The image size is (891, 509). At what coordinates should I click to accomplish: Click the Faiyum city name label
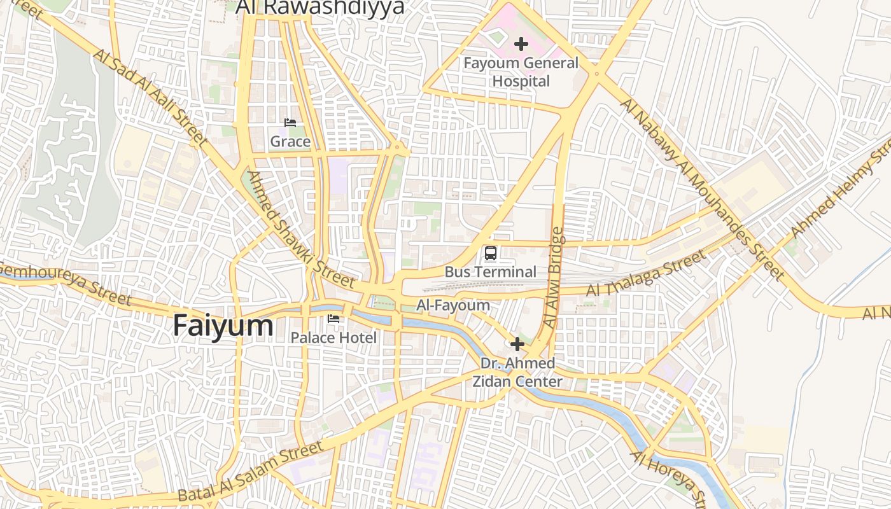pos(223,326)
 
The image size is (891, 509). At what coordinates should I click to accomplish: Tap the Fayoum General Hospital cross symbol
pos(521,44)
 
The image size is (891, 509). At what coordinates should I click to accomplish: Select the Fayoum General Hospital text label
pos(521,72)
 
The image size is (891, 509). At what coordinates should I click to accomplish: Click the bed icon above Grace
pos(290,123)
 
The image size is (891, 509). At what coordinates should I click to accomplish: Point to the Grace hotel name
pos(290,141)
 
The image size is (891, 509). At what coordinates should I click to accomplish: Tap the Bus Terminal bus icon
pos(490,253)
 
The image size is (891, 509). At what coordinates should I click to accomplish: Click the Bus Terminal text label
pos(490,272)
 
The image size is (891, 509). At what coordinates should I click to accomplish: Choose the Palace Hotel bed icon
pos(333,319)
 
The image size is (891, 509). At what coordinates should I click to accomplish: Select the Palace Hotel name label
pos(333,337)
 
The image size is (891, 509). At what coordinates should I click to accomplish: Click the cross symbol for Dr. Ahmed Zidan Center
pos(517,345)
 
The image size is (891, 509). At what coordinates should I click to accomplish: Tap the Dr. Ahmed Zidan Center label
pos(517,372)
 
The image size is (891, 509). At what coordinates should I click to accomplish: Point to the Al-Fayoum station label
pos(453,305)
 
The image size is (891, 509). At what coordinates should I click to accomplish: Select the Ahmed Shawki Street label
pos(300,229)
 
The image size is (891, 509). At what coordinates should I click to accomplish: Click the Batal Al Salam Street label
pos(251,472)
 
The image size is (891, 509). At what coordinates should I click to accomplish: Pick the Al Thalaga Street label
pos(645,273)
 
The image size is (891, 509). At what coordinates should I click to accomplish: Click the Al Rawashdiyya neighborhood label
pos(320,8)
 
